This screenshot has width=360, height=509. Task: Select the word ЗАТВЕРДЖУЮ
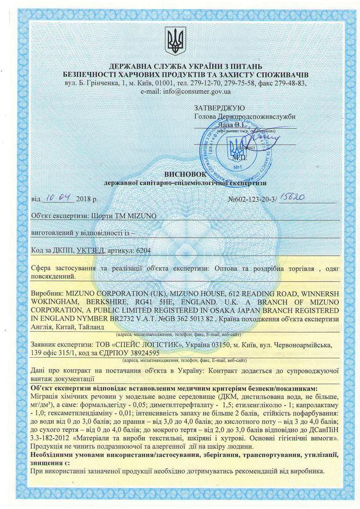218,107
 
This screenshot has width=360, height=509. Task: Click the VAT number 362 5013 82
187,318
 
